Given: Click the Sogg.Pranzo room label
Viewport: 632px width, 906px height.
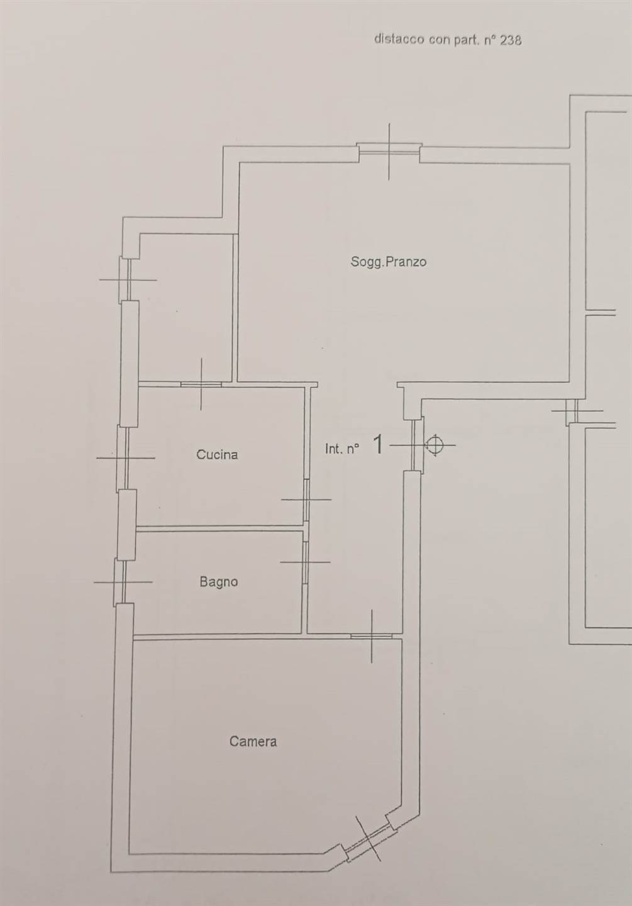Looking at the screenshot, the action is pos(388,262).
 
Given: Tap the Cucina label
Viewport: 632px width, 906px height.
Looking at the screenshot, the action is pos(217,455).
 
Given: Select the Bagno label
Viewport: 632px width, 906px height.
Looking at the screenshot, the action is pos(219,582).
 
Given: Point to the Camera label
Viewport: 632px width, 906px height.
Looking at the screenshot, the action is pos(253,741).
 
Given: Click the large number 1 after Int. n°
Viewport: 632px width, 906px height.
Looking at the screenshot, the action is pos(379,444).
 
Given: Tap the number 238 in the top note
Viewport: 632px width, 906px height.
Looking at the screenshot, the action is pos(511,40).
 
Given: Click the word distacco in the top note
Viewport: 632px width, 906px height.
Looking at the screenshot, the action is pos(399,39).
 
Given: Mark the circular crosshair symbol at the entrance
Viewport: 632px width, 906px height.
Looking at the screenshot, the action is pos(435,445).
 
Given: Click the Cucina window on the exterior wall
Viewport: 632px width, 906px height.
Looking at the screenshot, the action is pos(123,457).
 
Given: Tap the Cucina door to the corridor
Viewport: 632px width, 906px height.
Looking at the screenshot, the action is pos(307,500).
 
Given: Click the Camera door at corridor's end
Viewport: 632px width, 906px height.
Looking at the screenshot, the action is pos(371,636).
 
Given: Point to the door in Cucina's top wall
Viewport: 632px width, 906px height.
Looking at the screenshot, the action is pos(201,384).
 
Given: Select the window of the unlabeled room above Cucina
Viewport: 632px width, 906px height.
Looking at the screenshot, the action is pos(126,279).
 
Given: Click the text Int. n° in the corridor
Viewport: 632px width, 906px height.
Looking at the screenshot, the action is pos(342,449).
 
